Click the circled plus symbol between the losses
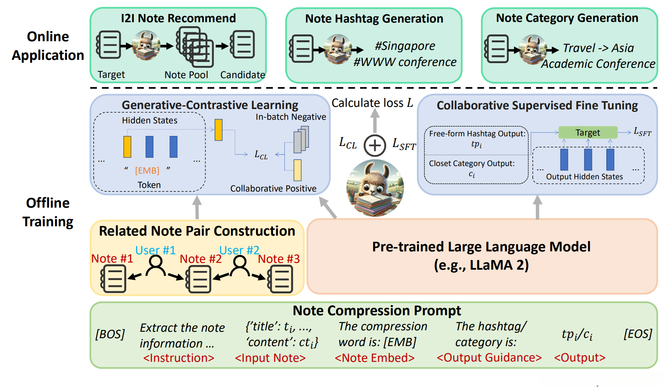375,145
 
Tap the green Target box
588,132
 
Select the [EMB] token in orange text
147,170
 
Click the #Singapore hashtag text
405,46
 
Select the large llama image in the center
375,188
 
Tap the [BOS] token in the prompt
110,334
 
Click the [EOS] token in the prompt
638,334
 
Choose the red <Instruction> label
178,358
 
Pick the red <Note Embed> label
374,358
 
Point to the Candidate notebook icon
243,44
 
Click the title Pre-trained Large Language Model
481,247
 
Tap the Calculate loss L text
372,103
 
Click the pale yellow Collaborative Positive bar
297,170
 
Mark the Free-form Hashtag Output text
477,134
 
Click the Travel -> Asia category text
598,48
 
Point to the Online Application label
48,46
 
